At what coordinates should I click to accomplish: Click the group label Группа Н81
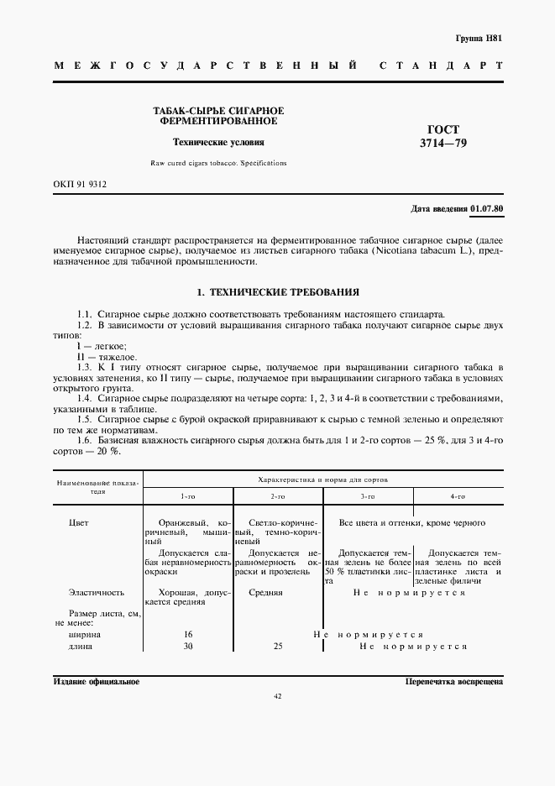[478, 39]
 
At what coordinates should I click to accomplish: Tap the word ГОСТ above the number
[443, 129]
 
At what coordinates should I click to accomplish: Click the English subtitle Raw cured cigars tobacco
[200, 164]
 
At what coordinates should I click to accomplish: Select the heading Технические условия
[217, 143]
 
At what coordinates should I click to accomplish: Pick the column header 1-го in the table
[188, 496]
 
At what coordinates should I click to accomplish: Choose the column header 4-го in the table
[458, 496]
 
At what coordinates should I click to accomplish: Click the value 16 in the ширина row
[188, 635]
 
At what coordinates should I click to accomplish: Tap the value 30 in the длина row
[188, 647]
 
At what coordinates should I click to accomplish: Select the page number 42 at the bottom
[278, 696]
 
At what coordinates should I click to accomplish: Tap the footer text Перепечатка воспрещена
[453, 682]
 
